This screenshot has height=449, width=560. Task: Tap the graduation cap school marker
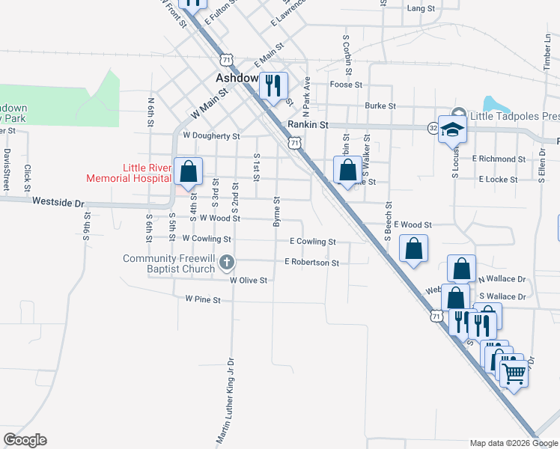point(453,128)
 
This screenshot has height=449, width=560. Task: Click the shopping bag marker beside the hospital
point(188,171)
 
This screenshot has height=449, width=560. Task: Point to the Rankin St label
point(308,126)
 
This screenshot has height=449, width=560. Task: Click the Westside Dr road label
point(59,202)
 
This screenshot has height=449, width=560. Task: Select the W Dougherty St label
point(211,136)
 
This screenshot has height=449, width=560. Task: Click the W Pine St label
point(204,299)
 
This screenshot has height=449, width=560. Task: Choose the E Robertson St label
point(312,263)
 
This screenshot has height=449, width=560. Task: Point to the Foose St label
point(347,85)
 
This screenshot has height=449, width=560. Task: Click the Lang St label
point(421,8)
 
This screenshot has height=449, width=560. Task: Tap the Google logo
point(25,440)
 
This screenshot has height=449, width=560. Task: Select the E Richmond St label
point(499,159)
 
